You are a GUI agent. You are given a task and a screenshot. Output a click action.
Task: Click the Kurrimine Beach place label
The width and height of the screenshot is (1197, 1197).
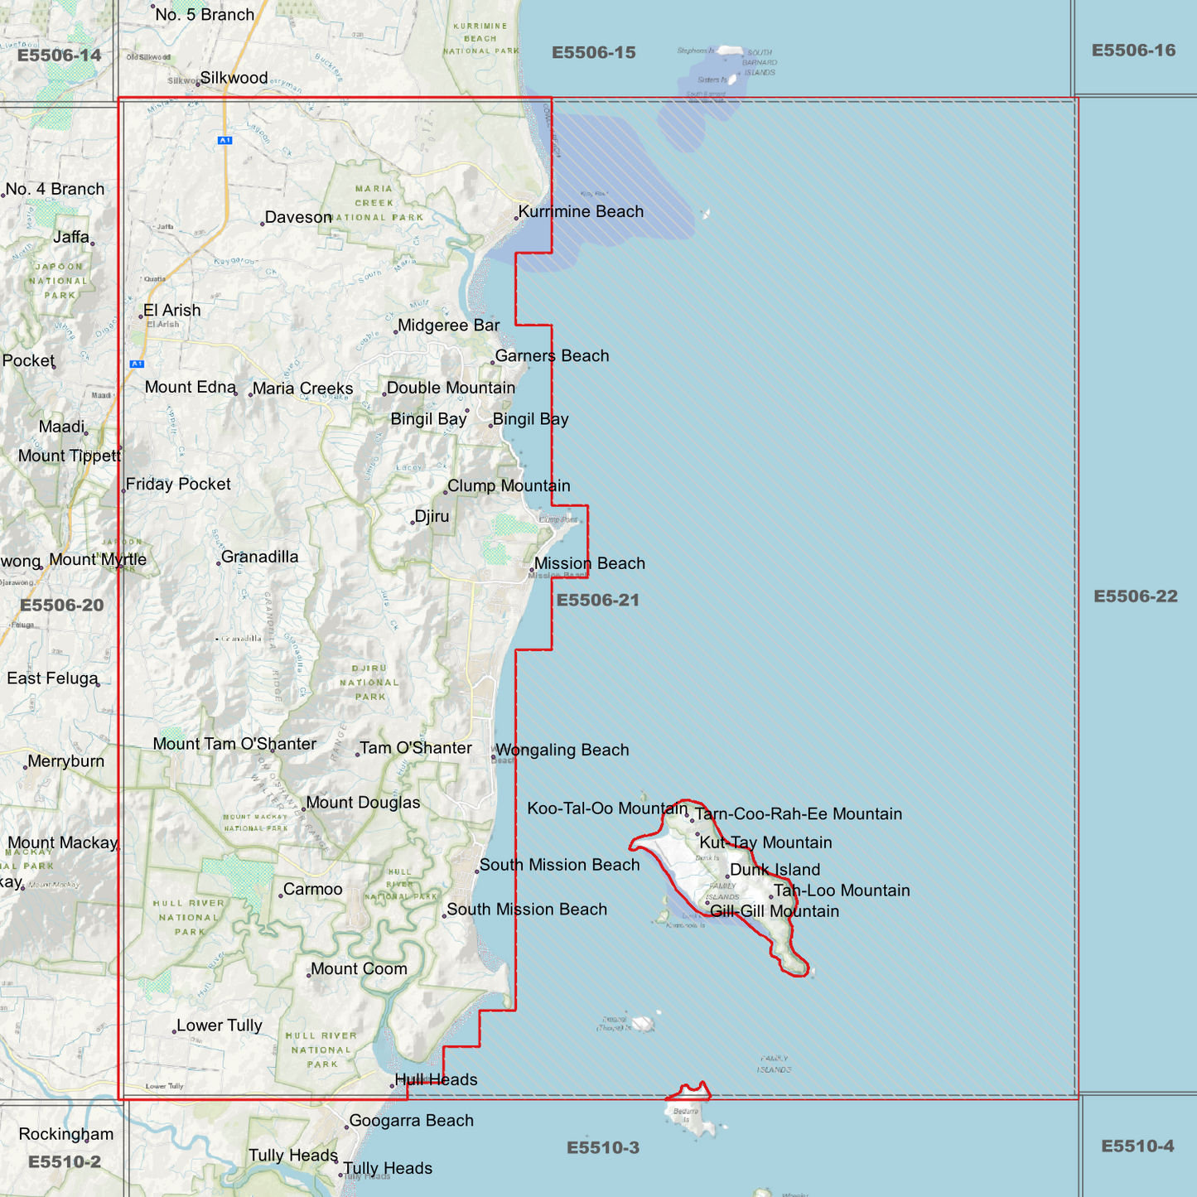click(581, 212)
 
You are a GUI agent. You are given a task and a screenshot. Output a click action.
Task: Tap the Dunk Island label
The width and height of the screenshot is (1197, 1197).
click(775, 870)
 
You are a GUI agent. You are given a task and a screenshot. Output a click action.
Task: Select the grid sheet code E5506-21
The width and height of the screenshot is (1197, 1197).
click(597, 600)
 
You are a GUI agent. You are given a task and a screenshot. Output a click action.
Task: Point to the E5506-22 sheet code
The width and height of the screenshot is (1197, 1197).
click(1135, 596)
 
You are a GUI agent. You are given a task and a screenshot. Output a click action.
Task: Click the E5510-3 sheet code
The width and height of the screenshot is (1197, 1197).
click(602, 1147)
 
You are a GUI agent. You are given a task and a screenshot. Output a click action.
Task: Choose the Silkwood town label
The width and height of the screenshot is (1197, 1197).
click(234, 78)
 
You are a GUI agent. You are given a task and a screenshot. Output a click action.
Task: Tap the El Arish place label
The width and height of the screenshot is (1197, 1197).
click(171, 311)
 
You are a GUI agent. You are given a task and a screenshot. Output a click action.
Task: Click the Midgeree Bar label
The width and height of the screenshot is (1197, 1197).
click(448, 326)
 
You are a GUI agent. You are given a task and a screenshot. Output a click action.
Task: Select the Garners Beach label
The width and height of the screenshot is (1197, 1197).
click(552, 356)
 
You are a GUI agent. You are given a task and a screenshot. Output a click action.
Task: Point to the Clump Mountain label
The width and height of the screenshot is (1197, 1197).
click(509, 486)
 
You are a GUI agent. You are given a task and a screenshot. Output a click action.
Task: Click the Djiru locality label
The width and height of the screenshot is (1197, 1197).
click(432, 517)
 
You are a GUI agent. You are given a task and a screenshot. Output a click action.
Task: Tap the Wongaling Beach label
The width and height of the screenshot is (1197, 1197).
click(562, 751)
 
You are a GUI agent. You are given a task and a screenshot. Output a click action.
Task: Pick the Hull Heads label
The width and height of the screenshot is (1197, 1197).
click(436, 1079)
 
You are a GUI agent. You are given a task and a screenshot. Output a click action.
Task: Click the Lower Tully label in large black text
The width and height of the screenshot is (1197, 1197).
click(219, 1026)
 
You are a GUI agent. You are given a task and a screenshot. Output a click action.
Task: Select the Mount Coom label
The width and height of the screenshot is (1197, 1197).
click(359, 969)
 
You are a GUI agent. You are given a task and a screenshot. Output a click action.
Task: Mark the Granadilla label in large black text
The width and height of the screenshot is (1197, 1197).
click(259, 557)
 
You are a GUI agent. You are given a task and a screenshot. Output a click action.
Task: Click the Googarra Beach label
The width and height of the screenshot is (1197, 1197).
click(411, 1121)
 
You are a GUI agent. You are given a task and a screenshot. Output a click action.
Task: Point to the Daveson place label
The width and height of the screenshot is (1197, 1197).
click(298, 218)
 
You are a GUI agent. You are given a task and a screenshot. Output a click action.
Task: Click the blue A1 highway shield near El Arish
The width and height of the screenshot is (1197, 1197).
click(137, 364)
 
